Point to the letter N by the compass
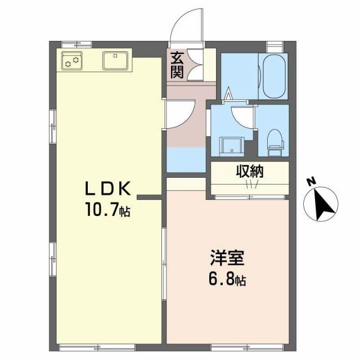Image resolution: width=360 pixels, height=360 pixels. coord(310,182)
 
